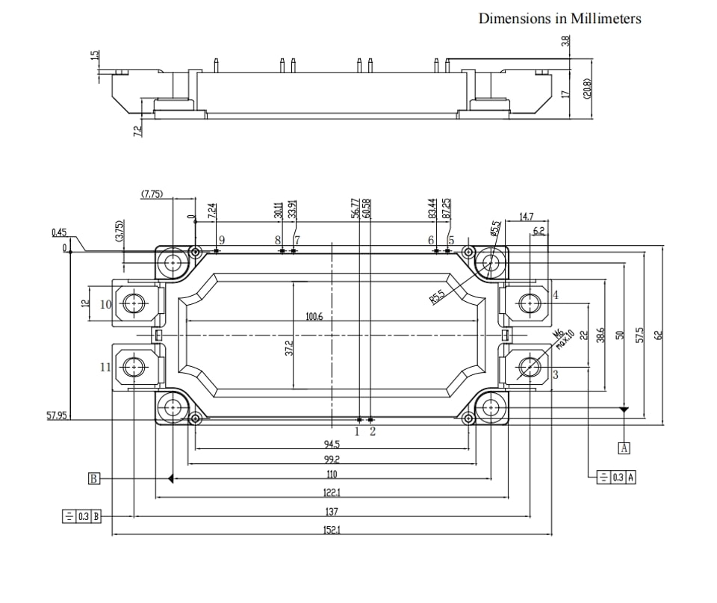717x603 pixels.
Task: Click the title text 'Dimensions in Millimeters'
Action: click(x=559, y=18)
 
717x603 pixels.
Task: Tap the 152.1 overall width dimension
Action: click(x=332, y=530)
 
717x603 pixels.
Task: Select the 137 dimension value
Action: click(x=332, y=512)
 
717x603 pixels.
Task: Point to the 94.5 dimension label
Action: click(x=332, y=444)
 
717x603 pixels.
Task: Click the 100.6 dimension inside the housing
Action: click(x=314, y=317)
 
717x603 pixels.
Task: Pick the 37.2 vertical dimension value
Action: click(x=288, y=347)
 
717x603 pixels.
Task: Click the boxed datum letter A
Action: click(x=624, y=448)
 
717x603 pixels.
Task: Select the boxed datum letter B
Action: click(x=93, y=478)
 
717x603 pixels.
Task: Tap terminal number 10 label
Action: click(x=105, y=304)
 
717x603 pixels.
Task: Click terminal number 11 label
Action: click(x=105, y=367)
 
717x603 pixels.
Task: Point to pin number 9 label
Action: click(x=222, y=240)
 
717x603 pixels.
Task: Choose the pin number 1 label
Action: click(x=357, y=431)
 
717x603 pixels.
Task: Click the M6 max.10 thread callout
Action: click(x=563, y=339)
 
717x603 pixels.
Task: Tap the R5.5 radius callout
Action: click(x=437, y=297)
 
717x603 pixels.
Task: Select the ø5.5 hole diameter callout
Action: click(x=496, y=228)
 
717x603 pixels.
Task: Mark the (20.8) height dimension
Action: click(x=588, y=88)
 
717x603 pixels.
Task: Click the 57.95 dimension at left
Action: click(x=58, y=415)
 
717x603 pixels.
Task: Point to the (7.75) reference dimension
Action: click(x=152, y=194)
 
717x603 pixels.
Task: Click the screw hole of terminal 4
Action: click(x=530, y=303)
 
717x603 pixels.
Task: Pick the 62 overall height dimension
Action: click(x=658, y=335)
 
